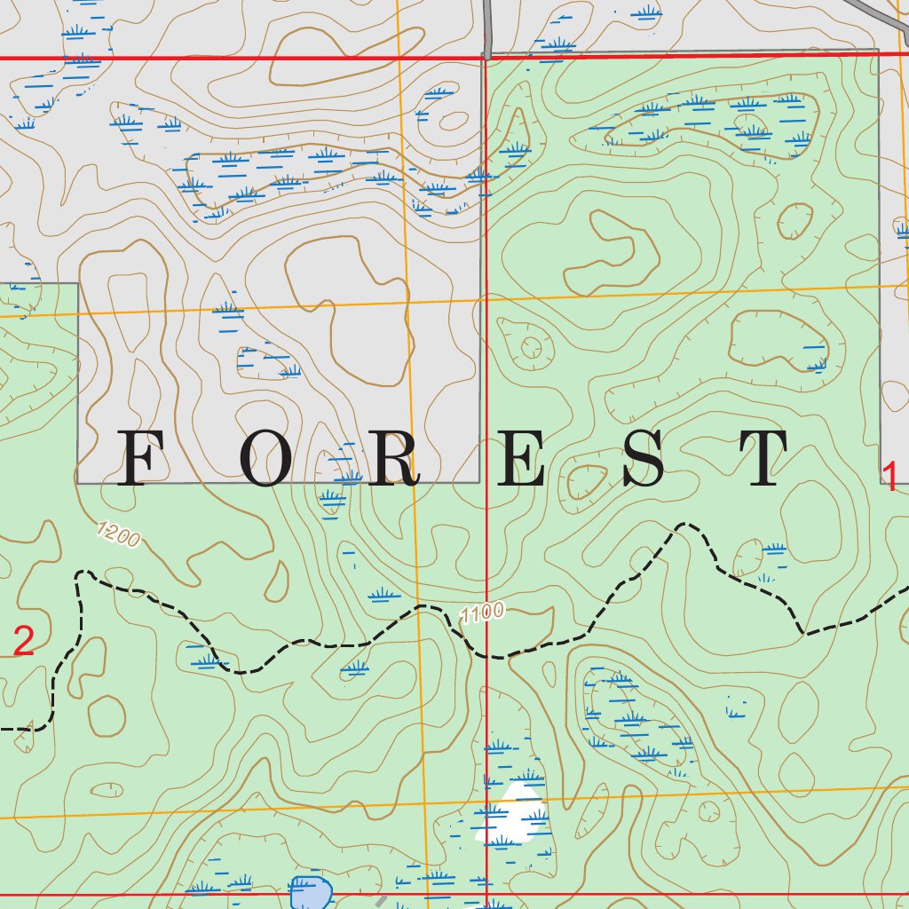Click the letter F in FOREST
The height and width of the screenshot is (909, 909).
pyautogui.click(x=146, y=458)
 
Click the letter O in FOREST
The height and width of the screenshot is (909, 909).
pyautogui.click(x=269, y=459)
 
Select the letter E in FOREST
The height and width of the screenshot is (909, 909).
pyautogui.click(x=520, y=459)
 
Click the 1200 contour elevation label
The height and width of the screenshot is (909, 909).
pyautogui.click(x=118, y=535)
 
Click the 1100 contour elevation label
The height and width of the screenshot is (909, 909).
pyautogui.click(x=483, y=613)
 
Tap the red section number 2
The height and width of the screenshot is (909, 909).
pyautogui.click(x=24, y=641)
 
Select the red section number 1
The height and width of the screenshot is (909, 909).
pyautogui.click(x=889, y=477)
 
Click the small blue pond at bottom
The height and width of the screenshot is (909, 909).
pyautogui.click(x=309, y=892)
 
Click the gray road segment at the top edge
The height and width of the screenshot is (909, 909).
pyautogui.click(x=487, y=27)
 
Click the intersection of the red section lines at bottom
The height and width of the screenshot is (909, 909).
pyautogui.click(x=487, y=895)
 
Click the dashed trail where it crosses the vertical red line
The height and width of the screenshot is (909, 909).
pyautogui.click(x=487, y=657)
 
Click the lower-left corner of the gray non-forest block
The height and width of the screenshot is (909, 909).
pyautogui.click(x=78, y=483)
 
